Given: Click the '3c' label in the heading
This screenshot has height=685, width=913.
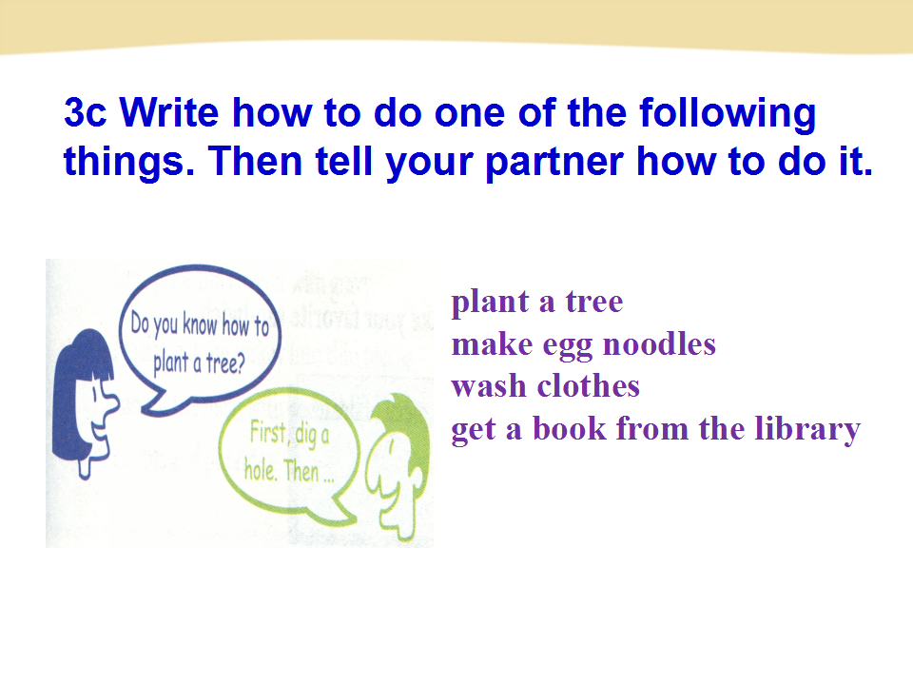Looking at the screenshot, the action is tap(85, 112).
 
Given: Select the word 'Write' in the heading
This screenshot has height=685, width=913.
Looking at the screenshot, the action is tap(169, 111).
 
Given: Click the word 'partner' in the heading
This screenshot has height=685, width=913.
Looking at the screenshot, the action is tap(554, 163).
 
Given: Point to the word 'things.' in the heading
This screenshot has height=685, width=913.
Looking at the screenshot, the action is tap(128, 163).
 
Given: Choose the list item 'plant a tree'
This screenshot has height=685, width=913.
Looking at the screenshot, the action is tap(536, 303).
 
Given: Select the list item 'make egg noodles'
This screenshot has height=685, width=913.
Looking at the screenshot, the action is tap(583, 345).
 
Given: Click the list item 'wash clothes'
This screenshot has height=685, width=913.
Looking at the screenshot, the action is tap(546, 386).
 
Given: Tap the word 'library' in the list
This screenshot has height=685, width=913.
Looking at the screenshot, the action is tap(807, 430).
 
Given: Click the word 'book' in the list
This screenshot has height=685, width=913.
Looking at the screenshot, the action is tap(561, 428).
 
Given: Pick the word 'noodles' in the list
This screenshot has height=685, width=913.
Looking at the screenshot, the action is tap(658, 343).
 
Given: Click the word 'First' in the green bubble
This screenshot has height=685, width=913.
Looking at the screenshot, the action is tap(268, 433).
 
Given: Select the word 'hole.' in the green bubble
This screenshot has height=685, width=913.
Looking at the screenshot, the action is tap(260, 469).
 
